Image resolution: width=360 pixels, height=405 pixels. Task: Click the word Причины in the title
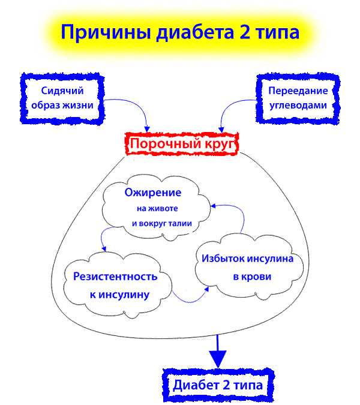point(106,32)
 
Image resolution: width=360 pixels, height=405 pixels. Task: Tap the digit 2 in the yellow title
point(245,32)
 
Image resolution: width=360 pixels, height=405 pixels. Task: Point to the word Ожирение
point(153,193)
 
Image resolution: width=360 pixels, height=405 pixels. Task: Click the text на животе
point(157,208)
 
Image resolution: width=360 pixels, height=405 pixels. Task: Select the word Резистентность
point(115,277)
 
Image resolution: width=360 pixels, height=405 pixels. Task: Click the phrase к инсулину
point(119,295)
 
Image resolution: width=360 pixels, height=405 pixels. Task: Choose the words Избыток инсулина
point(247,258)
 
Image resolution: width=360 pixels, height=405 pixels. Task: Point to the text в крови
point(252,277)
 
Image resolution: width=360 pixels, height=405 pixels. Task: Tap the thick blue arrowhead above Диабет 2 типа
point(218,359)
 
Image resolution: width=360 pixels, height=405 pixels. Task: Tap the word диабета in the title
point(195,32)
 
